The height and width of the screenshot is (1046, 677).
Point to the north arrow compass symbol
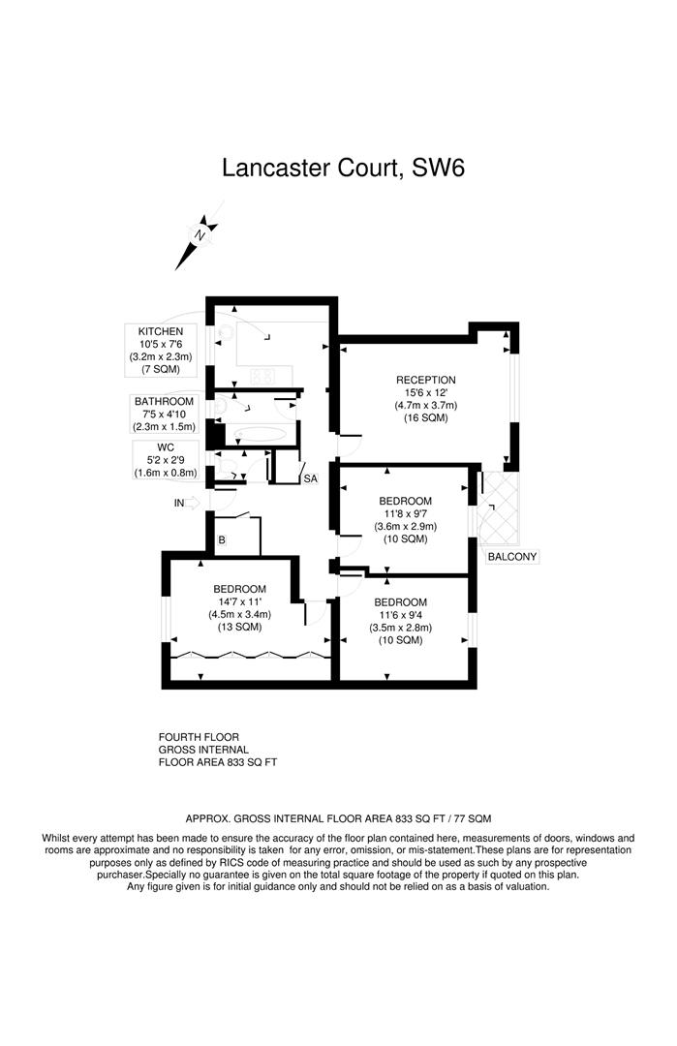(x=199, y=238)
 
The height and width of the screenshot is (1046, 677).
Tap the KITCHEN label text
(x=160, y=331)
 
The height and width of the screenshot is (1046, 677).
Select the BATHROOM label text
(x=164, y=401)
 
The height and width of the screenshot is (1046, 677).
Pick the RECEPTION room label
(x=425, y=380)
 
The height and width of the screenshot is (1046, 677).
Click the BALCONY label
(x=512, y=557)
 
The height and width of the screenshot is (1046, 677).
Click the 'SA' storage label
(x=310, y=478)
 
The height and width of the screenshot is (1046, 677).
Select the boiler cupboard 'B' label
(x=222, y=540)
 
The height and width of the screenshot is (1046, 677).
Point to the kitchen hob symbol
(x=263, y=374)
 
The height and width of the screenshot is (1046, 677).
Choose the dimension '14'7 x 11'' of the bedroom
(x=239, y=601)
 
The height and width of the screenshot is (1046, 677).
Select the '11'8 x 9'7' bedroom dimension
(x=406, y=513)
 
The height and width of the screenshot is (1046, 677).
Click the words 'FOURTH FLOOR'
(x=199, y=737)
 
